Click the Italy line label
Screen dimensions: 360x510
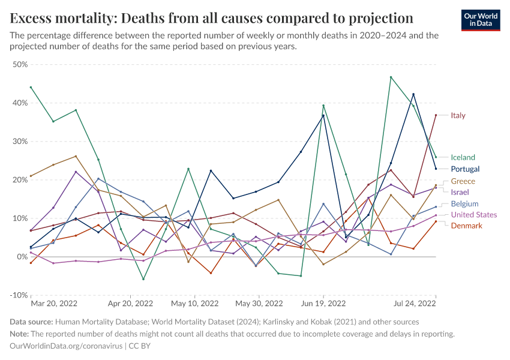[458, 115]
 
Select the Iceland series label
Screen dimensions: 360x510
[463, 157]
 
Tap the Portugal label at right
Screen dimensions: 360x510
[465, 169]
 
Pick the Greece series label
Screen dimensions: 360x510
[463, 181]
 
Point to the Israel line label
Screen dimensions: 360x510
[461, 192]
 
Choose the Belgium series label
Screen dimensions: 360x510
[464, 204]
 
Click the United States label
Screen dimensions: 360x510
[474, 215]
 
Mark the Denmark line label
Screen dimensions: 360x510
[466, 226]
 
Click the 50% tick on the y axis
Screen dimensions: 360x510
[20, 64]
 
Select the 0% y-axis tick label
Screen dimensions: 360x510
[23, 257]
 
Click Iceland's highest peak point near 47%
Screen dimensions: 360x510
[391, 77]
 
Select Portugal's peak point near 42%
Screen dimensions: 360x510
[413, 94]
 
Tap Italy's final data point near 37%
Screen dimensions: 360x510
[436, 115]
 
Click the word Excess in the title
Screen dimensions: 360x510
[32, 17]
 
